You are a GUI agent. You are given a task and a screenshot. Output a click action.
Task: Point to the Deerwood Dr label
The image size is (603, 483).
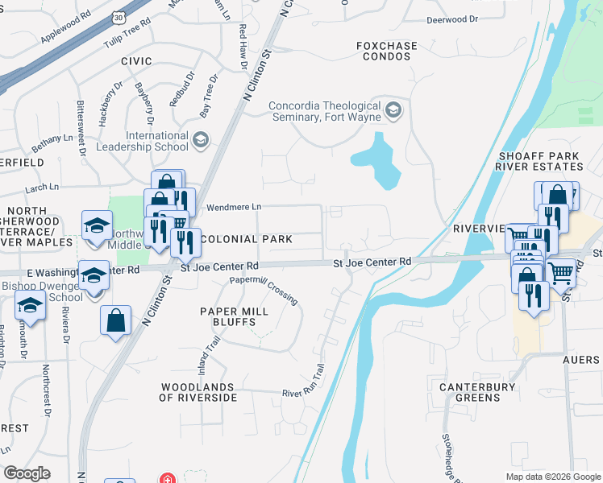[452, 18]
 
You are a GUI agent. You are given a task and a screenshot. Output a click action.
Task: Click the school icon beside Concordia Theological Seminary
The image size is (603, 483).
[393, 110]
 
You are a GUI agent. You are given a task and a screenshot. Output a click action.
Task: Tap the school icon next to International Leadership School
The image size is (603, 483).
[200, 141]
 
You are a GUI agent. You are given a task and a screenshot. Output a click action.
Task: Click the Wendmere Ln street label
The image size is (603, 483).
[234, 207]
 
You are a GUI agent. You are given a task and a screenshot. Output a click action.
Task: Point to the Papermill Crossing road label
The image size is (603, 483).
[264, 289]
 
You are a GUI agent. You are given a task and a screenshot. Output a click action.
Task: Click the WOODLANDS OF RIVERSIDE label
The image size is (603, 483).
[198, 392]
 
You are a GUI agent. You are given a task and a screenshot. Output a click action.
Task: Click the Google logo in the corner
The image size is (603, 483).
[27, 473]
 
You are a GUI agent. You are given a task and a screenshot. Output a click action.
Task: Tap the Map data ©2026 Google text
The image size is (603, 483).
[552, 477]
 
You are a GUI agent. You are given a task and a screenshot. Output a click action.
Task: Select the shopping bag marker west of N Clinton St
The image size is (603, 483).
[116, 320]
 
